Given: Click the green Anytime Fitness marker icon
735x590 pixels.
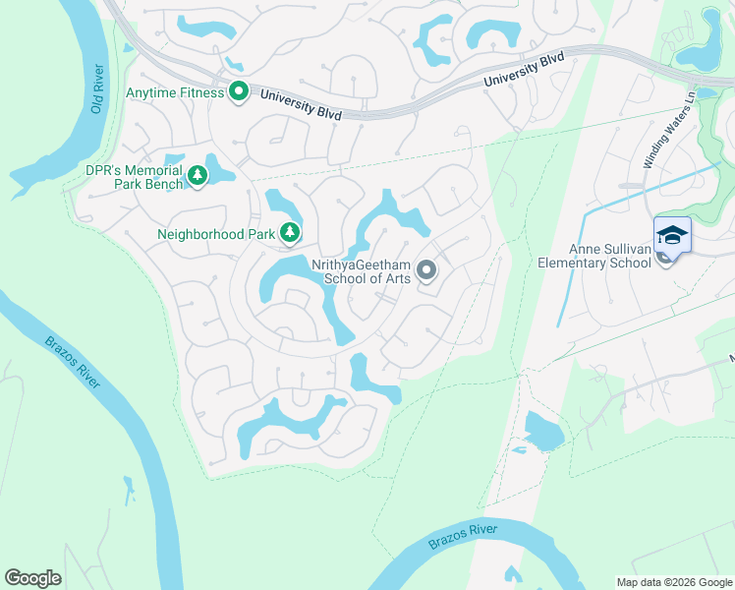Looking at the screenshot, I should pos(238,93).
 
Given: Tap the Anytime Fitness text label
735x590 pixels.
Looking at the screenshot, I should pos(174,94).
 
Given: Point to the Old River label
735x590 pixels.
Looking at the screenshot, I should pos(97,89).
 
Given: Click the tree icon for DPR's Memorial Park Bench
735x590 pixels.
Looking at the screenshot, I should pos(198,176).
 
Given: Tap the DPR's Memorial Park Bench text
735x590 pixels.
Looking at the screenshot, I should pos(134,177).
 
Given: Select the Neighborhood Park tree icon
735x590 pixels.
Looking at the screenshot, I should pos(289,233).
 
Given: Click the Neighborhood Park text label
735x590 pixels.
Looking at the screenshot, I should pos(215,234).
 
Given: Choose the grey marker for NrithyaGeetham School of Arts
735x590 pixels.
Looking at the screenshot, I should pos(425,269).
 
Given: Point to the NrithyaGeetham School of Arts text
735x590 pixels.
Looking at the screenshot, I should pos(360,271).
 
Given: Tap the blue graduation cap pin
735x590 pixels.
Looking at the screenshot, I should pos(672,236).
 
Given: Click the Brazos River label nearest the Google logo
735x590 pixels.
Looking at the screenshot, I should pos(74,362).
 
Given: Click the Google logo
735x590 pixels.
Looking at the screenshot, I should pos(32,578).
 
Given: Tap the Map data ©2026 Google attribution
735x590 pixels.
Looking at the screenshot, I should pos(673,582).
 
